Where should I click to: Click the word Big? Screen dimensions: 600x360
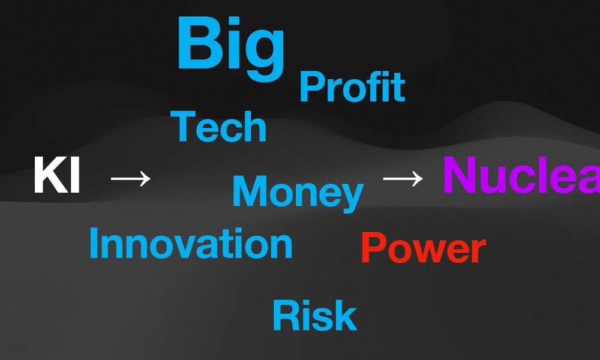[x=231, y=49]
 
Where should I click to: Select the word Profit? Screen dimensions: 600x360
[x=352, y=87]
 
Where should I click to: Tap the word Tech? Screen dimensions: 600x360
[x=218, y=126]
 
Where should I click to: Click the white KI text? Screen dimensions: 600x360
[x=57, y=175]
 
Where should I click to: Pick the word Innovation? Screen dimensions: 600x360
[x=191, y=243]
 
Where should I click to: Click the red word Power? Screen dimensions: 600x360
[x=424, y=248]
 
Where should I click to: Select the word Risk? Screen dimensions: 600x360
[x=314, y=315]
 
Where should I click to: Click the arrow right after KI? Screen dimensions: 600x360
[x=130, y=179]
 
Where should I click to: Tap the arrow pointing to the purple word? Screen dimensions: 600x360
[x=403, y=179]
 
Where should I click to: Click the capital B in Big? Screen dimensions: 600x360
[x=200, y=43]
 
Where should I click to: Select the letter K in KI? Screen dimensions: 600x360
[x=51, y=175]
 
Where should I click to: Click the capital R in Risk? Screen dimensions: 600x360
[x=286, y=315]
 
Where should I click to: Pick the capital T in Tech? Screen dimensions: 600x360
[x=183, y=126]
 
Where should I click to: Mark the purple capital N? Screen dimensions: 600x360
[x=458, y=175]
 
